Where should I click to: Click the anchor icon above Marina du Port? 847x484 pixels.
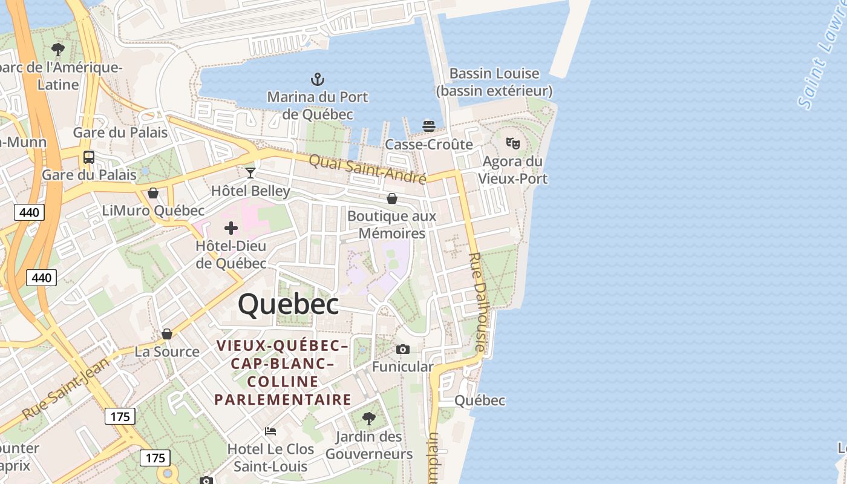(x=317, y=79)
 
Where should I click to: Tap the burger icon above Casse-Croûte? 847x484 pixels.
(x=429, y=126)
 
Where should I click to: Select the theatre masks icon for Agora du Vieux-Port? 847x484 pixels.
(x=512, y=143)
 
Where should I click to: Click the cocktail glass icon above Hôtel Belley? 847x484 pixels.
(x=250, y=173)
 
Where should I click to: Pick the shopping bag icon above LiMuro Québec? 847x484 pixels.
(x=153, y=193)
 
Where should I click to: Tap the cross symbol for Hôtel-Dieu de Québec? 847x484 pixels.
(x=231, y=228)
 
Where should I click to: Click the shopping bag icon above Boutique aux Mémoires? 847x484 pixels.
(x=392, y=198)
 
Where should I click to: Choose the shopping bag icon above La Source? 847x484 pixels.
(x=167, y=334)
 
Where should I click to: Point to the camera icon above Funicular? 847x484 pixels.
(x=403, y=349)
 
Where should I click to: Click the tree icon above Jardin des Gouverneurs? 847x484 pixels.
(x=368, y=418)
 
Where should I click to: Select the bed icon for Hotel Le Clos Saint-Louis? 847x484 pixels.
(x=270, y=431)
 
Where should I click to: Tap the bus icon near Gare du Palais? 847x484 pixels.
(x=89, y=157)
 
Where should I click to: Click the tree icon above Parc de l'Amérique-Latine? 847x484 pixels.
(x=58, y=50)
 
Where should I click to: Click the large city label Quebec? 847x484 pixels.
(x=288, y=304)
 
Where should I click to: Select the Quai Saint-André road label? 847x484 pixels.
(x=367, y=169)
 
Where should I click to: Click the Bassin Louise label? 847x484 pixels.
(x=494, y=74)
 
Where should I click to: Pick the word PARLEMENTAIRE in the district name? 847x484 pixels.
(x=283, y=399)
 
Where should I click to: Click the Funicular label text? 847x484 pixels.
(x=402, y=367)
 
